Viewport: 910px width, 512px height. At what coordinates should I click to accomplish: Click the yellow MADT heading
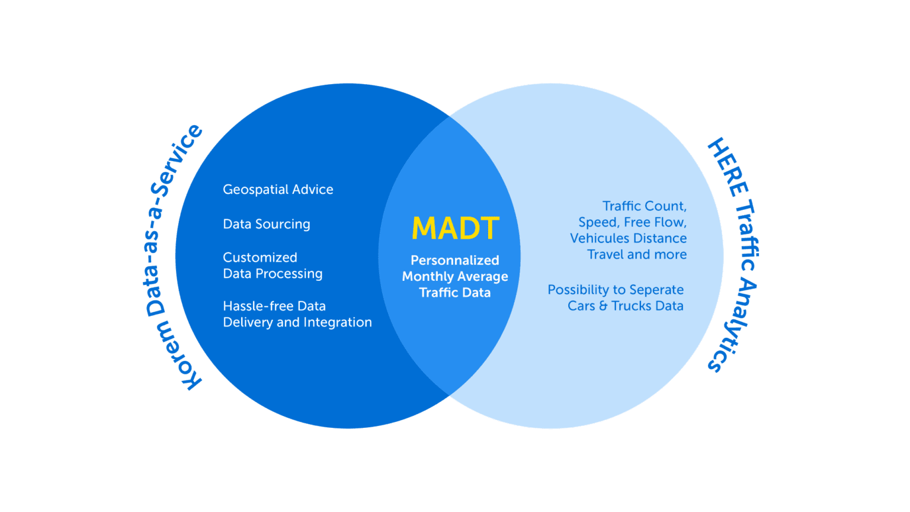pyautogui.click(x=455, y=229)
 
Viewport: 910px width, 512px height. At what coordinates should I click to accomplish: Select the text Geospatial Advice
pyautogui.click(x=278, y=190)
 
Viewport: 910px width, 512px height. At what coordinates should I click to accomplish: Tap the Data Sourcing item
pyautogui.click(x=266, y=224)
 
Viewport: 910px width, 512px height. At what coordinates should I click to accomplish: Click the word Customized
pyautogui.click(x=259, y=258)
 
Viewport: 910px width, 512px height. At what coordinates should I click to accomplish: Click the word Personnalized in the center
pyautogui.click(x=454, y=260)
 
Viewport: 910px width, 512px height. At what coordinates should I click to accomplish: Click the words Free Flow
pyautogui.click(x=655, y=222)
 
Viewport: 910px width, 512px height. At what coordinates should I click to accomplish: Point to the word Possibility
pyautogui.click(x=578, y=290)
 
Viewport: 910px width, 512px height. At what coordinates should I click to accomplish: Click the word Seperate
pyautogui.click(x=656, y=290)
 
